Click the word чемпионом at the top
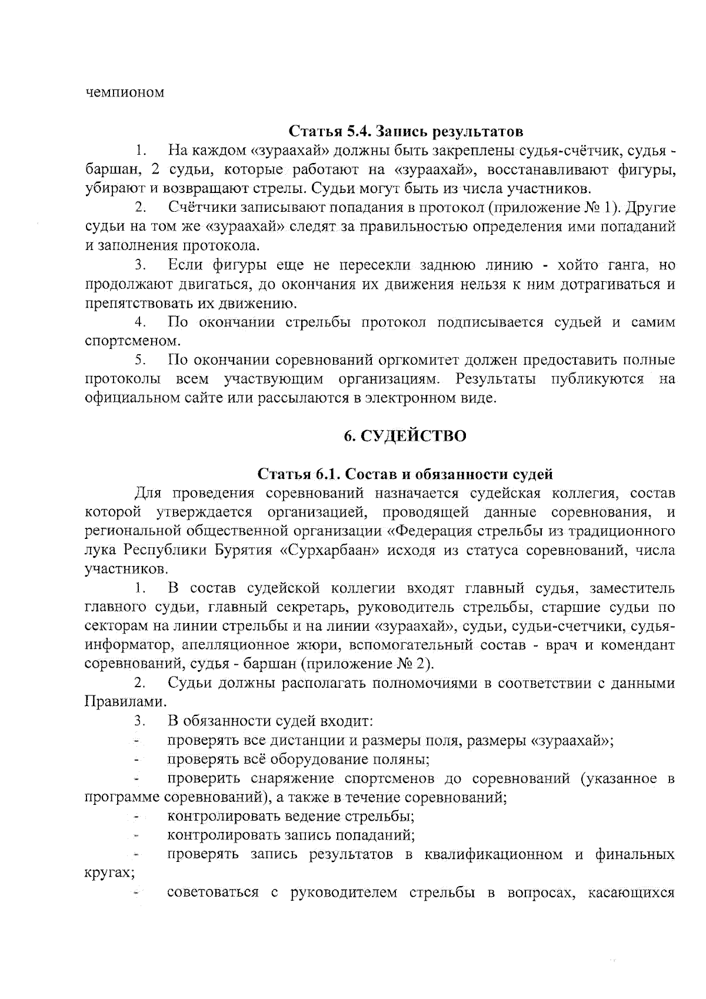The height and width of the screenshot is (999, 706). click(x=125, y=93)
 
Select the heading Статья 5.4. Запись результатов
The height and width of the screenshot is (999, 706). click(x=406, y=130)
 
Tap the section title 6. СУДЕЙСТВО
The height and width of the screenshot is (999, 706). click(x=405, y=436)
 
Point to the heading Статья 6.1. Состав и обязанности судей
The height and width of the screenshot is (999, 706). click(x=405, y=474)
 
